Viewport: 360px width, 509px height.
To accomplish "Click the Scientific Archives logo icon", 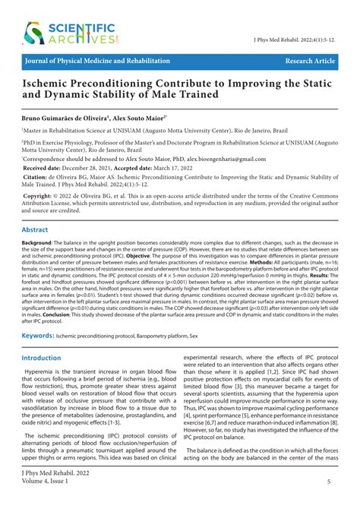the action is pos(33,32).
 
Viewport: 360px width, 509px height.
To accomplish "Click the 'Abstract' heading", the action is pos(35,229).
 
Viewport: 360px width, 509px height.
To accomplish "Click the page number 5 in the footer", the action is pos(328,482).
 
